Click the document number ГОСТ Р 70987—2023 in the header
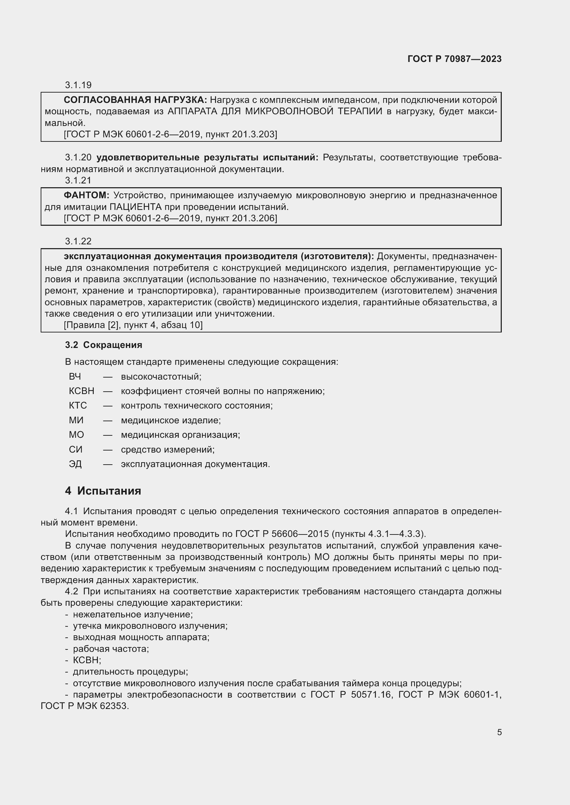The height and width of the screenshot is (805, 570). [454, 59]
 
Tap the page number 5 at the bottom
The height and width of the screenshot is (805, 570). [499, 732]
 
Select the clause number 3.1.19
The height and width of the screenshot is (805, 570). [78, 85]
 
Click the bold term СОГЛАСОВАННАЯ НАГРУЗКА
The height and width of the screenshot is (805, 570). [135, 100]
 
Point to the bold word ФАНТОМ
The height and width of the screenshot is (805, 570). [86, 195]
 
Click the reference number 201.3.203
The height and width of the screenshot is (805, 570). [253, 134]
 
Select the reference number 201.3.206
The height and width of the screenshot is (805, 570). [253, 219]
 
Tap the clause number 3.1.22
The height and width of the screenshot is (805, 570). [78, 241]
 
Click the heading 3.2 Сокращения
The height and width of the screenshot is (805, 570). [103, 345]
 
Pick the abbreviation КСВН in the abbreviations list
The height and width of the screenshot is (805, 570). [81, 391]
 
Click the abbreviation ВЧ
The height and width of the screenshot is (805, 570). [75, 377]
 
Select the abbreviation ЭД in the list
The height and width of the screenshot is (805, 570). [75, 464]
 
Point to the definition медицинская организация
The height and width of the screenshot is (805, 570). [180, 435]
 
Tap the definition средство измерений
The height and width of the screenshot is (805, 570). [167, 449]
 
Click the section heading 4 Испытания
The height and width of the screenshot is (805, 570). [103, 491]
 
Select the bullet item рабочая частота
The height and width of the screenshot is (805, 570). [111, 649]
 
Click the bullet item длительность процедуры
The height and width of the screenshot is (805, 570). [130, 672]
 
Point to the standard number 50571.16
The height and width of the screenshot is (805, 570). [371, 695]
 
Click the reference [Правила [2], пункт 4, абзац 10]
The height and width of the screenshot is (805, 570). [133, 325]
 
